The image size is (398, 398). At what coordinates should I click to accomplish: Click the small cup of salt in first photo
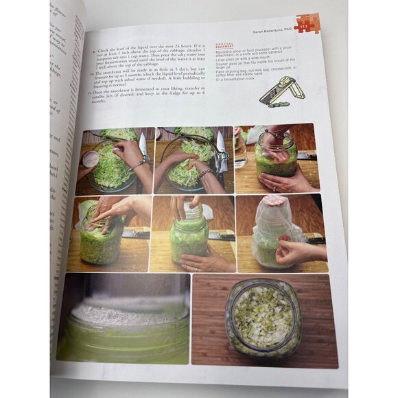pyautogui.click(x=91, y=159)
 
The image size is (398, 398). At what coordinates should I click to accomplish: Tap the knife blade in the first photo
pyautogui.click(x=143, y=145)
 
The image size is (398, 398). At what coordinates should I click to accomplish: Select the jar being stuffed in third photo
pyautogui.click(x=275, y=158)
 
